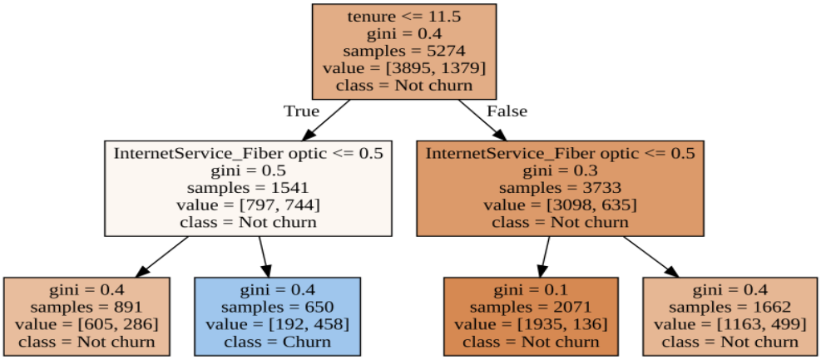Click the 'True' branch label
[301, 111]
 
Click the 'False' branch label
[506, 111]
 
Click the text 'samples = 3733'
[560, 188]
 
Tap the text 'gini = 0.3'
[560, 170]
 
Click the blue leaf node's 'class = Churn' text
[277, 341]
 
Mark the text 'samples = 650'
[277, 306]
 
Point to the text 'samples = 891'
[87, 306]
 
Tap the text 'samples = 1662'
[730, 306]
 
